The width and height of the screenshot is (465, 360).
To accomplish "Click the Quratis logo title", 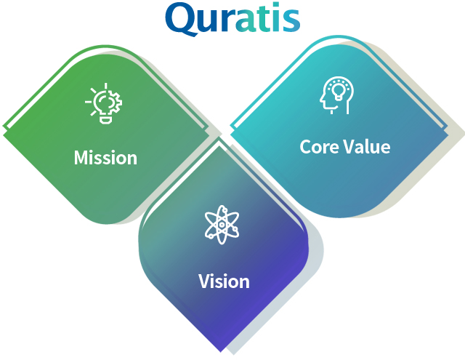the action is tap(232, 18).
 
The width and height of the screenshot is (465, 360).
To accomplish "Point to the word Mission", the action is tap(105, 157).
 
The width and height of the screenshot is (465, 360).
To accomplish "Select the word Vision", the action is tap(224, 281).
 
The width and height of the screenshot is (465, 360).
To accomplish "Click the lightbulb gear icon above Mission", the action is tap(103, 103).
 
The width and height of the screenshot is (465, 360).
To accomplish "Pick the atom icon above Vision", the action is tap(222, 225).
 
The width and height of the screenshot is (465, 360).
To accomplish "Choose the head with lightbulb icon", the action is tap(337, 95).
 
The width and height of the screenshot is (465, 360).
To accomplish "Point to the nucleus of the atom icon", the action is tap(222, 225).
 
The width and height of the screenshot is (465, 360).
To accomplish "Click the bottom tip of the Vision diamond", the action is tap(221, 352).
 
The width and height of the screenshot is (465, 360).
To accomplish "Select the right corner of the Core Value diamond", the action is tap(448, 132).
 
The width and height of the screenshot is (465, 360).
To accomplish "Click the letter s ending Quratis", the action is tap(291, 20).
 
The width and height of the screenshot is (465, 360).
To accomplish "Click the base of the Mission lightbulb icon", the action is tap(106, 120).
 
